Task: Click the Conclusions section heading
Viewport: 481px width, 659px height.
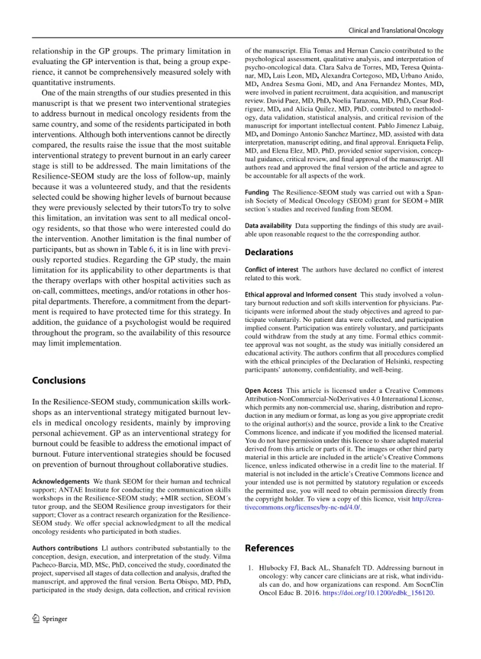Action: (x=59, y=380)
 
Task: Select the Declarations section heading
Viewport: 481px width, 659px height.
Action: (x=269, y=252)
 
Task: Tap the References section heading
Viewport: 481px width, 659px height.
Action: (x=269, y=548)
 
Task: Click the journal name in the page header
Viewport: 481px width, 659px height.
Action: (x=396, y=31)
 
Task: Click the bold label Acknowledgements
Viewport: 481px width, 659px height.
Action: (x=60, y=482)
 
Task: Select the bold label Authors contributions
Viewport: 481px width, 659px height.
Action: (x=64, y=548)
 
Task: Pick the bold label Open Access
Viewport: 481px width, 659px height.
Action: (x=263, y=390)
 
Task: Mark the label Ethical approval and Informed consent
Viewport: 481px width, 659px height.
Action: (x=300, y=294)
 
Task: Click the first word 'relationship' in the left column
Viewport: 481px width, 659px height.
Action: (x=54, y=51)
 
